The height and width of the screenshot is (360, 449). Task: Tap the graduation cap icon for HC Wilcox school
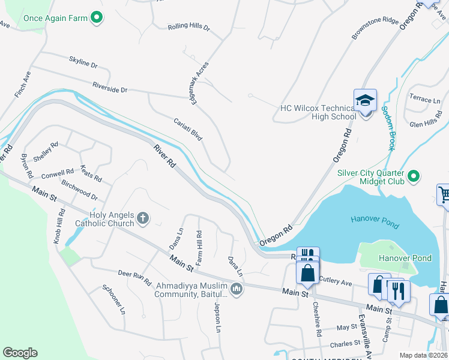coord(364,100)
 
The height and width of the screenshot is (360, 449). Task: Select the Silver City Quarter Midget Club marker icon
coord(413,176)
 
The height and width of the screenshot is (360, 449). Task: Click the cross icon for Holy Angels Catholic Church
coord(142,218)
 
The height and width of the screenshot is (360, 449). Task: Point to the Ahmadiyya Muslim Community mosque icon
coord(237,290)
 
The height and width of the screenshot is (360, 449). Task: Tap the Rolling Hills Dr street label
coord(188,28)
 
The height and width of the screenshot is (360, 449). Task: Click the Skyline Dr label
coord(83,61)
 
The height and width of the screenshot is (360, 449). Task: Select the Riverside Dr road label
coord(109,88)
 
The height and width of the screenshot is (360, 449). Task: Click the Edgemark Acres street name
coord(199,83)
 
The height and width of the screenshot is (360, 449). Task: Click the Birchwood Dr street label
coord(79,191)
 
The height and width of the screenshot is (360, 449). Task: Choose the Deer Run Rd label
coord(134,278)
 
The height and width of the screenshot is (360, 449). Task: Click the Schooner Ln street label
coord(113,299)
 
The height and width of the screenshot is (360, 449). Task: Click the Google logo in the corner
coord(20,353)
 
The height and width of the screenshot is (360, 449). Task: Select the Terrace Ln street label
coord(424,98)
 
